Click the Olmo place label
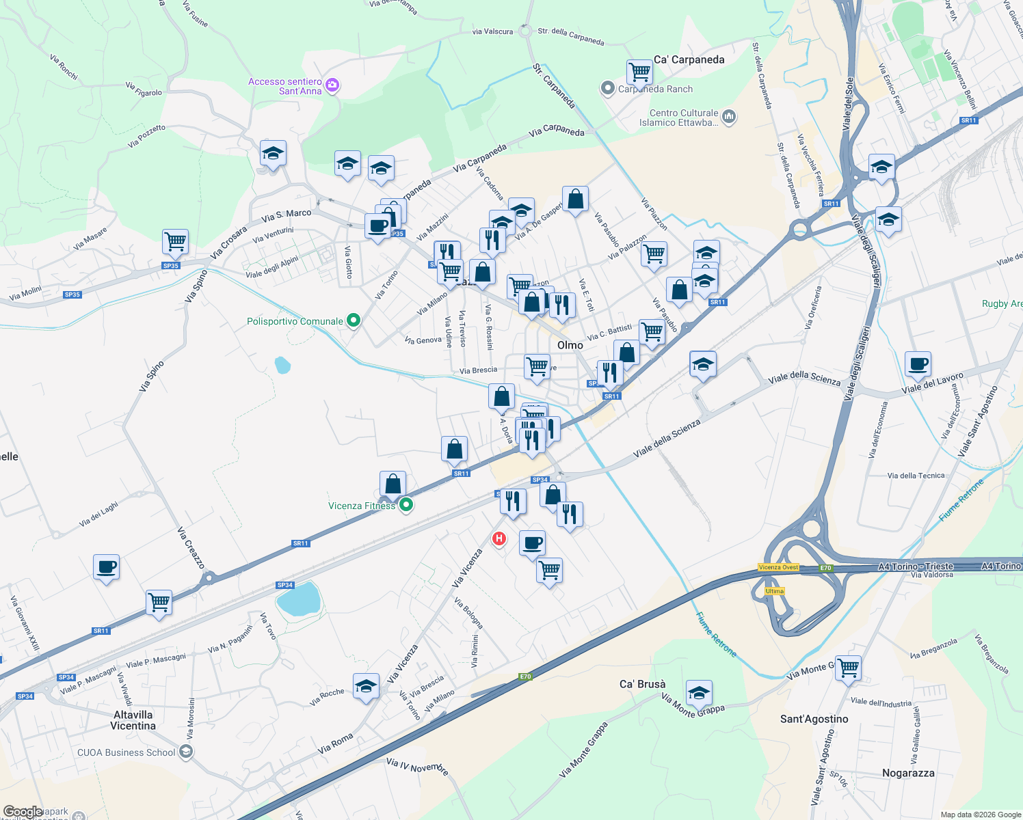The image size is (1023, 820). [570, 345]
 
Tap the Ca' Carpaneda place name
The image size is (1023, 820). [689, 59]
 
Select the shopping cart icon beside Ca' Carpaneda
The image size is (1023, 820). [639, 71]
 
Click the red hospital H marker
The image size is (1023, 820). [499, 538]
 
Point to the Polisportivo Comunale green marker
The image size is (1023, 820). [353, 320]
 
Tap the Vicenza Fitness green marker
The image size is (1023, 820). [406, 505]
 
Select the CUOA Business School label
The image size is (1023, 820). [127, 752]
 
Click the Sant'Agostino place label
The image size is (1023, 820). [814, 719]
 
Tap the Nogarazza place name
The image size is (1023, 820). [907, 773]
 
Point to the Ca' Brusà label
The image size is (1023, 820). [642, 684]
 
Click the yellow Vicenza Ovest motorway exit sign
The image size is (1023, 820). [778, 567]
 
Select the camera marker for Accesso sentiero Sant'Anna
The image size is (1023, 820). [333, 85]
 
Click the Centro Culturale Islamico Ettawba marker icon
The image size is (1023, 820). [728, 117]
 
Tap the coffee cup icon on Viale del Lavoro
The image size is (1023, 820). [918, 364]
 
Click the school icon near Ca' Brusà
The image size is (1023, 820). [699, 693]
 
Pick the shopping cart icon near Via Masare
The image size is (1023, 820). [176, 241]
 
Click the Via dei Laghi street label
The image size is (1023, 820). [98, 514]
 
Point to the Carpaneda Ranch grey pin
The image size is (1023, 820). [608, 88]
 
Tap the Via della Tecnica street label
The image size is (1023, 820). [916, 476]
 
